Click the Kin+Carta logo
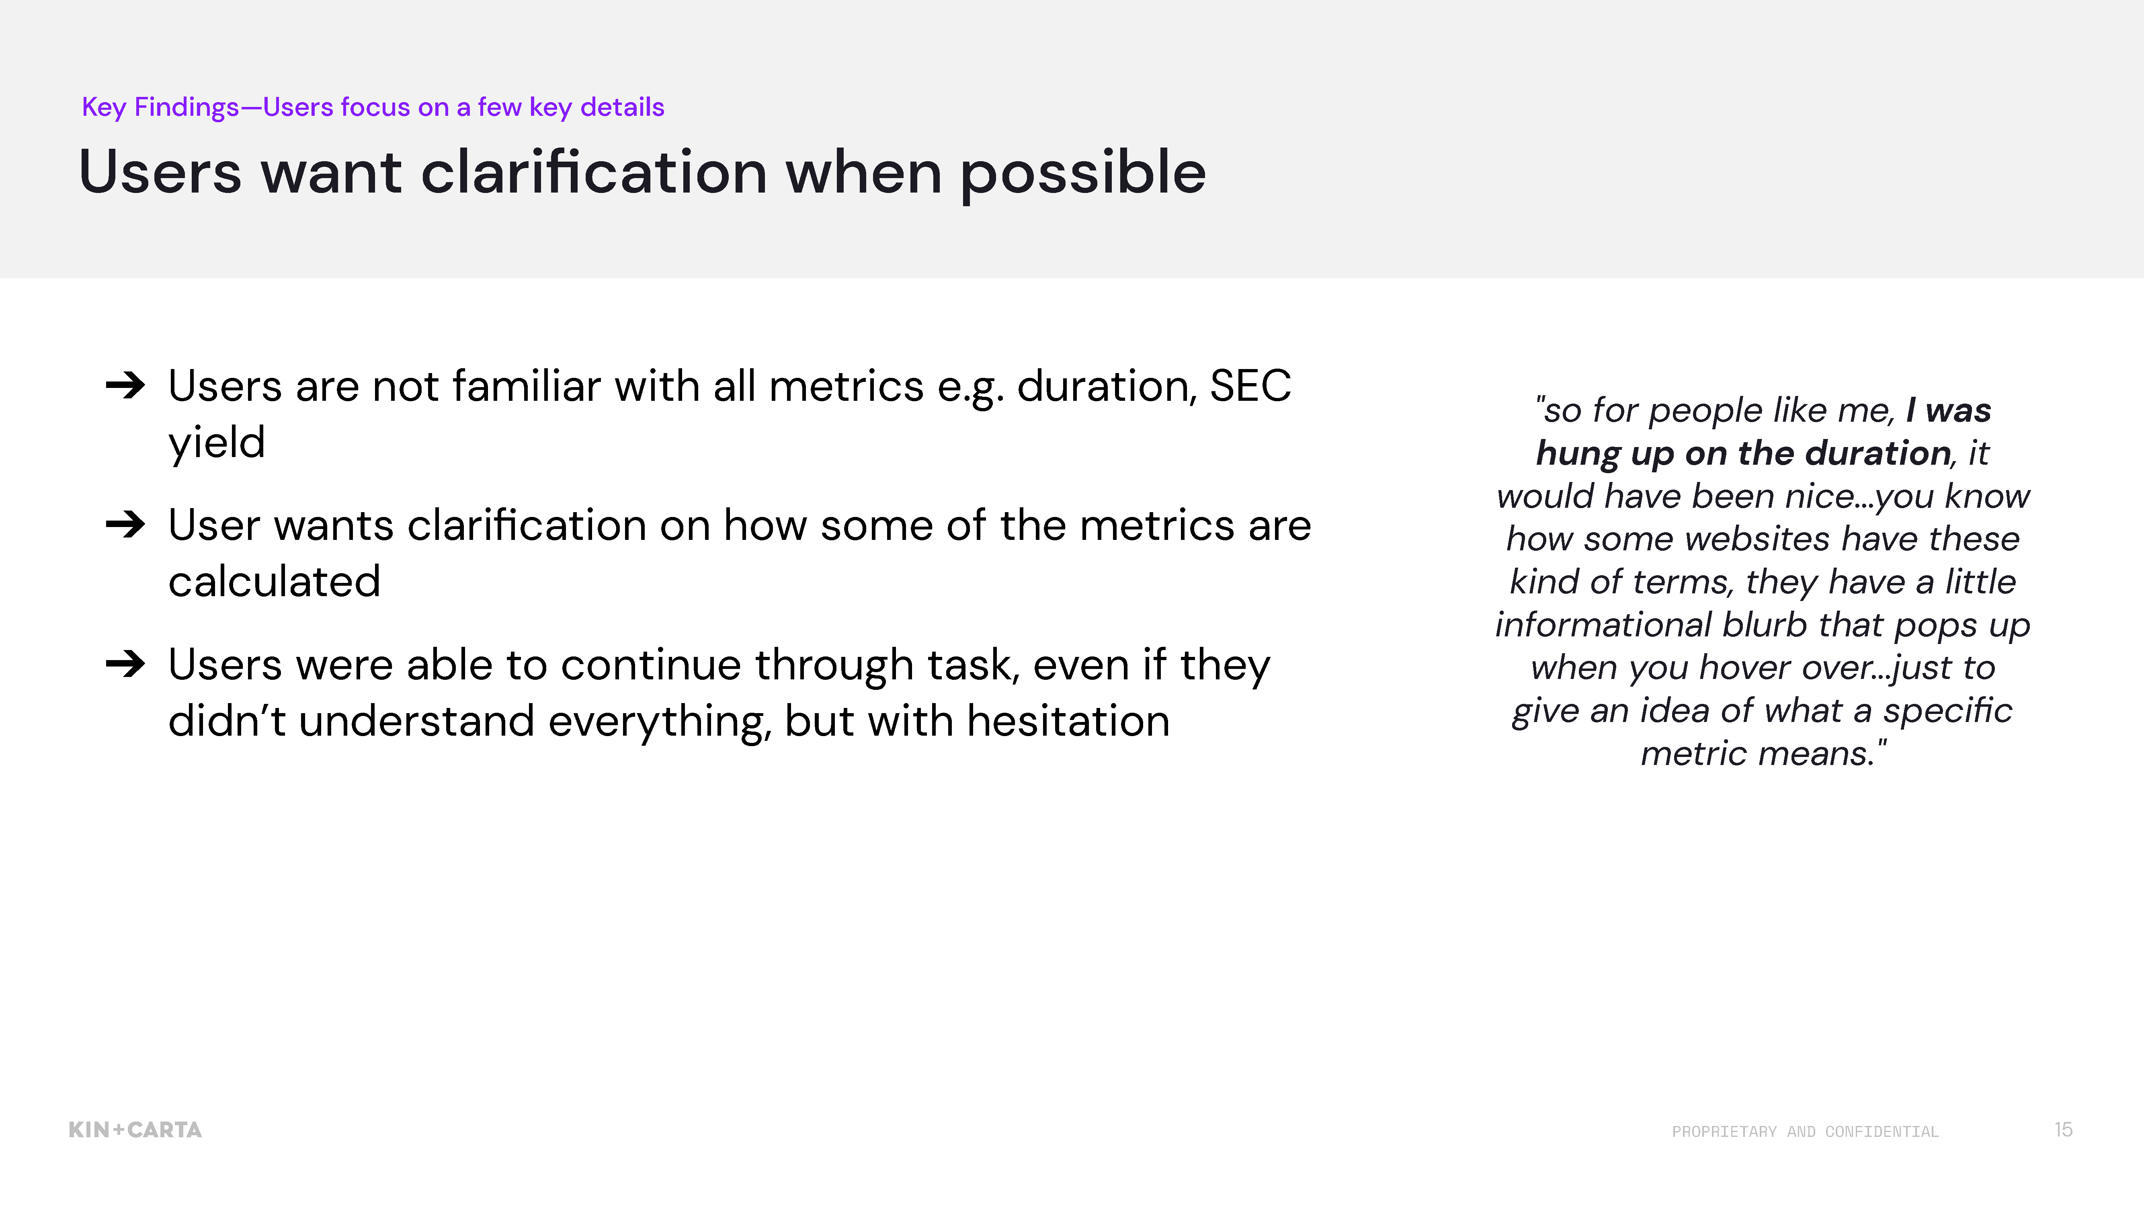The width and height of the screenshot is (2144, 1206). pyautogui.click(x=135, y=1130)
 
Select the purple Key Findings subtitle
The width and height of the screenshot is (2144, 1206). pyautogui.click(x=373, y=107)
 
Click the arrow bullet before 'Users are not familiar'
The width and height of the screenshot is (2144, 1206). pyautogui.click(x=126, y=386)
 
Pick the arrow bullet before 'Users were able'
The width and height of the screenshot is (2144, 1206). pyautogui.click(x=126, y=664)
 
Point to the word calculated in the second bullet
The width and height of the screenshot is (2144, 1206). pyautogui.click(x=274, y=581)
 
